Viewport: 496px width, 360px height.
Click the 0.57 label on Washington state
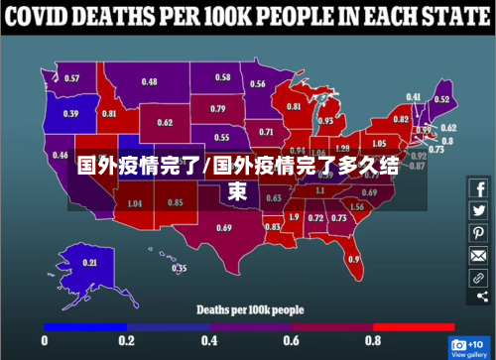pyautogui.click(x=72, y=78)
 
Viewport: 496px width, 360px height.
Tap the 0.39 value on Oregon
pyautogui.click(x=71, y=113)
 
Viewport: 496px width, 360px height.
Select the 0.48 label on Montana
pyautogui.click(x=149, y=81)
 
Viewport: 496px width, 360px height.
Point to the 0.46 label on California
pyautogui.click(x=61, y=156)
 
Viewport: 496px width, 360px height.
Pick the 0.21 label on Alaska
pyautogui.click(x=90, y=263)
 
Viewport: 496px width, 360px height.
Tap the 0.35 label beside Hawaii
pyautogui.click(x=180, y=268)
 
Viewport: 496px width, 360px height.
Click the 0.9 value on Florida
pyautogui.click(x=354, y=260)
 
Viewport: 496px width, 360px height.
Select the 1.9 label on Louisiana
pyautogui.click(x=294, y=216)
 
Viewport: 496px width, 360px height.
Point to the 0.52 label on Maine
pyautogui.click(x=442, y=99)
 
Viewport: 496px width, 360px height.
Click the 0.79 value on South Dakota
pyautogui.click(x=218, y=109)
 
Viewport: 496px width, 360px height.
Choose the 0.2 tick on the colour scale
pyautogui.click(x=127, y=340)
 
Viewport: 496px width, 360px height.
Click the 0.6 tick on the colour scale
pyautogui.click(x=291, y=340)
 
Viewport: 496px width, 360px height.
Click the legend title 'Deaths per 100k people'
pyautogui.click(x=249, y=309)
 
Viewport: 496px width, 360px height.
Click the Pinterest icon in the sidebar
pyautogui.click(x=478, y=233)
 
